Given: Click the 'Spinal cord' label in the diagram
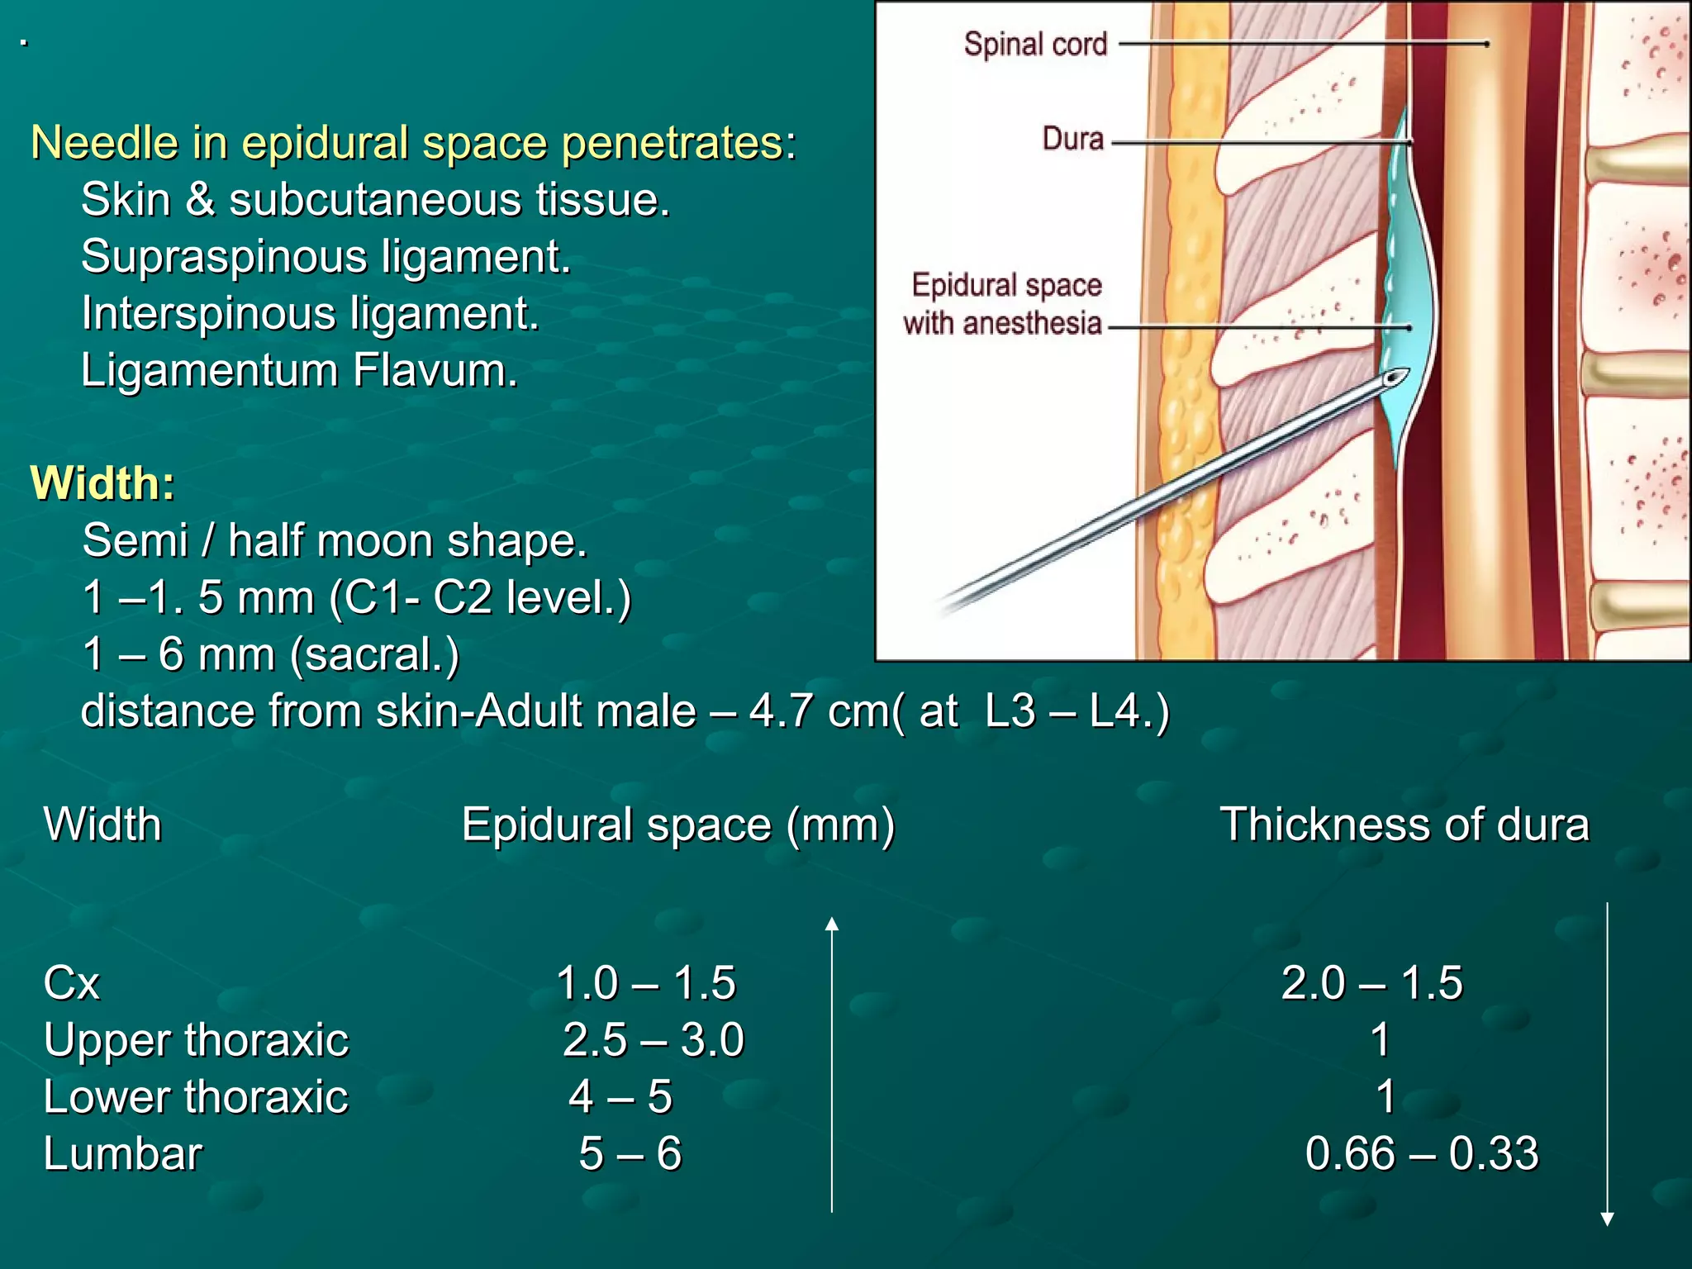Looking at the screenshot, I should pos(1035,44).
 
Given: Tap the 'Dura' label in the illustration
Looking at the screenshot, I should pos(1072,139).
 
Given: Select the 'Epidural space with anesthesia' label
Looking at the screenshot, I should pos(1005,304).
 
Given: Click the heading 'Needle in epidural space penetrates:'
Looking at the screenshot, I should pos(413,143).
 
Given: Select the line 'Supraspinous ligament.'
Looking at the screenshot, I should pos(326,256).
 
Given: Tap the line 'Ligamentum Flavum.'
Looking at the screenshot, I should pos(299,370).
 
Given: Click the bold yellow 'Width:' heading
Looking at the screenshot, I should pos(102,482).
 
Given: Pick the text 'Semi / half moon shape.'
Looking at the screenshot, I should pos(335,540).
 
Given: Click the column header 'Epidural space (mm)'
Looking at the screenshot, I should pos(677,825).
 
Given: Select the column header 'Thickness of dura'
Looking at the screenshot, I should pos(1404,825).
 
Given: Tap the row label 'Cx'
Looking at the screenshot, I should pos(72,983).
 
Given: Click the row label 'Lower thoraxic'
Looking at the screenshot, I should pos(196,1097).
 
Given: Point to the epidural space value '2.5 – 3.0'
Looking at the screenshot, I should pos(653,1039).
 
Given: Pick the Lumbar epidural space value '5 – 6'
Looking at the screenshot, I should pos(630,1153).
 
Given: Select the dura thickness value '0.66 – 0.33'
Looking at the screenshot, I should pos(1421,1153).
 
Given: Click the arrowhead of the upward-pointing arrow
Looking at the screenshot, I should pos(832,924).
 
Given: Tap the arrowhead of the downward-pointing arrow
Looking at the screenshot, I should pos(1608,1219).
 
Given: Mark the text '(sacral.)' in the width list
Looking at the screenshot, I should pos(374,654).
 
